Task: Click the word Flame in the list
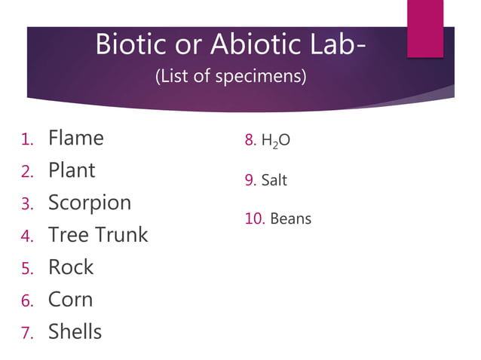(x=76, y=139)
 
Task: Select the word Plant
(x=72, y=171)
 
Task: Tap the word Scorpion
(x=90, y=203)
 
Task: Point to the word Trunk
(x=124, y=235)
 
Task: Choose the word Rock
(x=71, y=267)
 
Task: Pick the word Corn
(x=70, y=300)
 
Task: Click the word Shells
(x=75, y=331)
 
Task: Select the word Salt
(x=274, y=181)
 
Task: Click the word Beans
(x=290, y=219)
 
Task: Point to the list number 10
(x=253, y=219)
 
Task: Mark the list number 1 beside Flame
(x=26, y=140)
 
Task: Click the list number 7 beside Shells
(x=26, y=333)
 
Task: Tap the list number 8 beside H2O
(x=250, y=141)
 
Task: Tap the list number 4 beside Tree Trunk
(x=26, y=236)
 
